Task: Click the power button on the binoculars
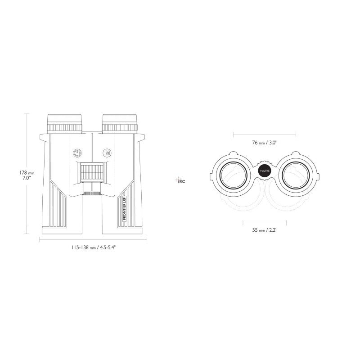pyautogui.click(x=77, y=153)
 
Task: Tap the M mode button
pyautogui.click(x=107, y=153)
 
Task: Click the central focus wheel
pyautogui.click(x=92, y=171)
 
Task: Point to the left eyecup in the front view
pyautogui.click(x=65, y=122)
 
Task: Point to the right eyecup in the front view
pyautogui.click(x=119, y=122)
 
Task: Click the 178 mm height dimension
pyautogui.click(x=17, y=172)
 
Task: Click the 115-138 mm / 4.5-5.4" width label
pyautogui.click(x=92, y=247)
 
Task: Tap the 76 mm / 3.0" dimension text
pyautogui.click(x=265, y=143)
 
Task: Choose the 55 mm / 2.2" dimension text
pyautogui.click(x=265, y=230)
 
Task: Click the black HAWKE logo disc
pyautogui.click(x=265, y=171)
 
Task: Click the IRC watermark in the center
pyautogui.click(x=180, y=181)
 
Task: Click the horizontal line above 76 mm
pyautogui.click(x=265, y=134)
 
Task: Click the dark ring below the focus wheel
pyautogui.click(x=92, y=193)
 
